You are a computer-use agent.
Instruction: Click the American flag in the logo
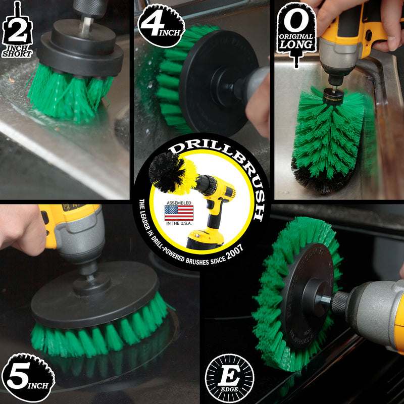(179, 213)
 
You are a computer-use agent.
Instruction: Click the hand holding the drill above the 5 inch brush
(20, 227)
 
